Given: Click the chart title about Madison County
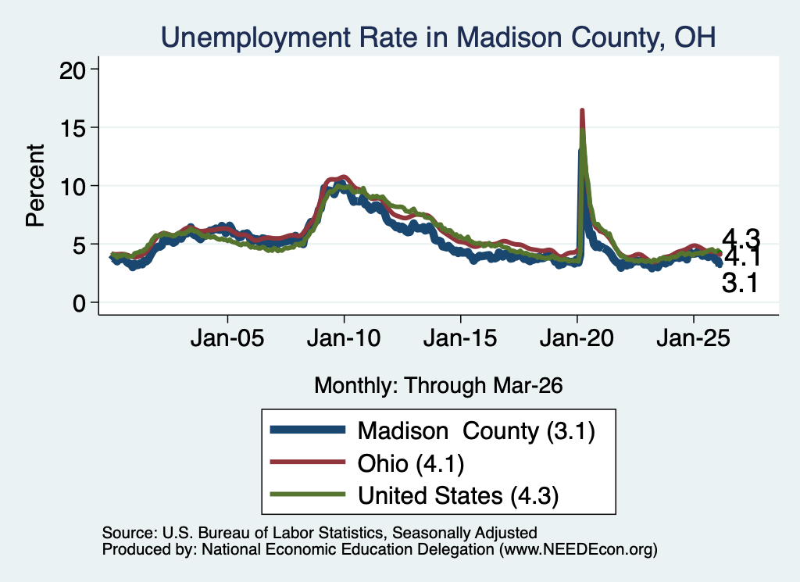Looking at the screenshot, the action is point(438,37).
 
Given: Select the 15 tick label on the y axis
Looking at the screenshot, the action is point(72,127).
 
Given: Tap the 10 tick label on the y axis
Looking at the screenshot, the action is point(72,186).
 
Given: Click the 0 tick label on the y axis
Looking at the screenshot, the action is point(79,303).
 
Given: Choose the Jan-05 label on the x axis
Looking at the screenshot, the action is point(227,338).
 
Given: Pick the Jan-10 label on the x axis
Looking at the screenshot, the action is point(344,338).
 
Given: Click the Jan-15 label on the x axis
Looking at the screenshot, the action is point(460,338).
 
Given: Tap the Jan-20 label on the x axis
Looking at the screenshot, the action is point(577,338).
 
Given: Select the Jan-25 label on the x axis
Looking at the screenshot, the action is point(694,338).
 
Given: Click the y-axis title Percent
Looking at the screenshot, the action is point(35,186).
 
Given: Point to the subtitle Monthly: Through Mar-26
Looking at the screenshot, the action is point(438,385).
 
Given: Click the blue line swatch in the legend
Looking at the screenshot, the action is point(308,430).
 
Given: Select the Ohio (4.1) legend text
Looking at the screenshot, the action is point(411,464).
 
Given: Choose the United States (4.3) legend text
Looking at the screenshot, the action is point(458,495).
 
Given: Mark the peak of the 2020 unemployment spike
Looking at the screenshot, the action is point(581,111).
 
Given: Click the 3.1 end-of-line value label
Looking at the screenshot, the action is point(740,283).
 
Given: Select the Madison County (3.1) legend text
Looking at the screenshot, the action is point(476,431).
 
